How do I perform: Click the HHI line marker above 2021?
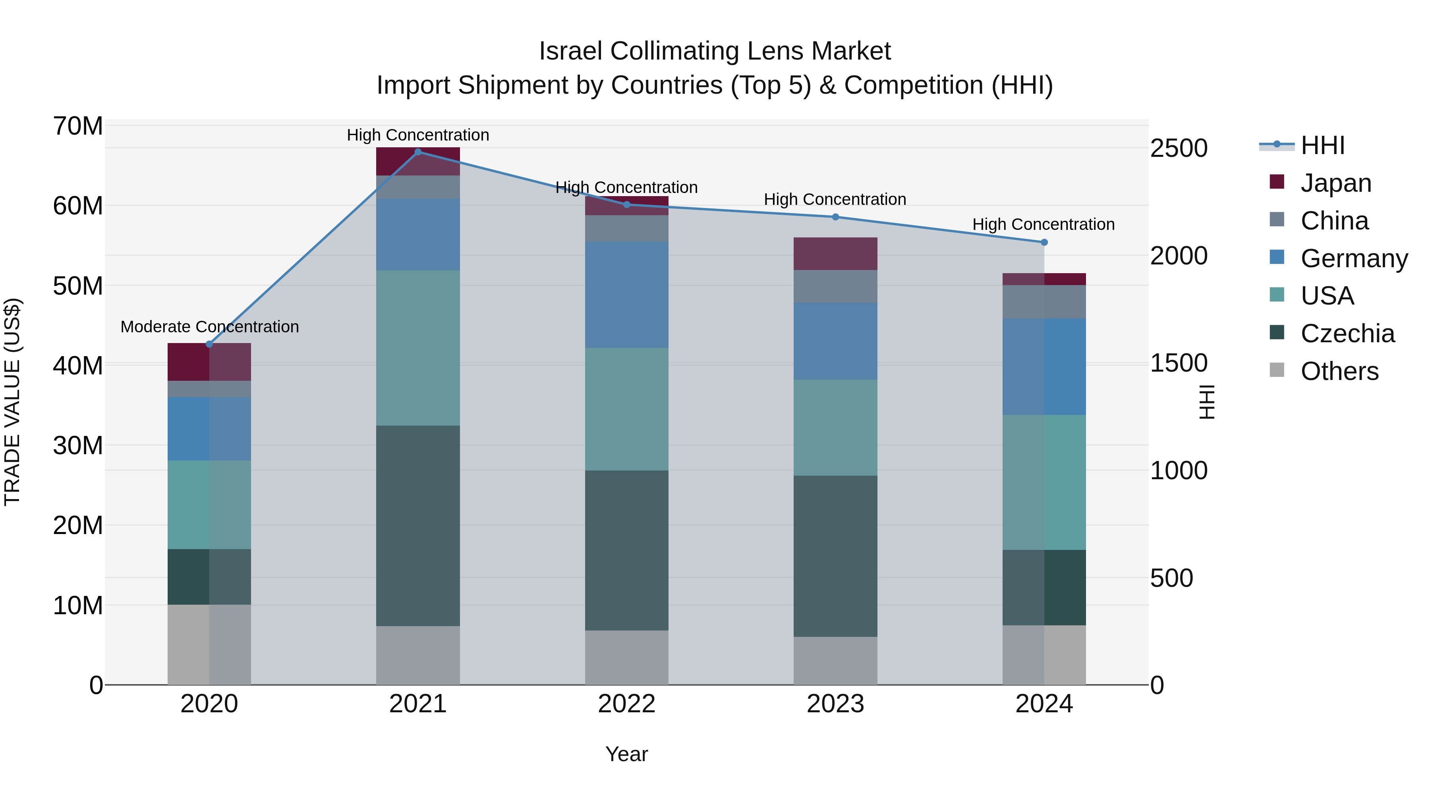418,152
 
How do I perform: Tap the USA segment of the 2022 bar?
627,409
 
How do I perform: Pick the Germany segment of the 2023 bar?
835,341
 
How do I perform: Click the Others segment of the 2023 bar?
835,660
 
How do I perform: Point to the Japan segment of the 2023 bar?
835,254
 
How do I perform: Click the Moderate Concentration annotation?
209,327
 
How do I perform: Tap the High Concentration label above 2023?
835,199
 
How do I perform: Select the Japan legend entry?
1335,183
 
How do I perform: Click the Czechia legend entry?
1347,334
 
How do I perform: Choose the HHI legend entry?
1322,145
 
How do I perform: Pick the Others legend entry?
1339,371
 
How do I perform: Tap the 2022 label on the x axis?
627,704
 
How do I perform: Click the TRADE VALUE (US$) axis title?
12,402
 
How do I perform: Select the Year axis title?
627,754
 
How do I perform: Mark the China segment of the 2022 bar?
627,228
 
